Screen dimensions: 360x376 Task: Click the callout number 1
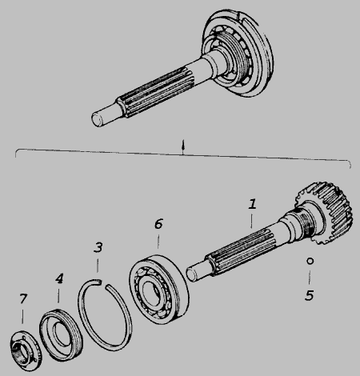coord(252,204)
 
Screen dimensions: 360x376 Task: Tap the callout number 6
coord(158,224)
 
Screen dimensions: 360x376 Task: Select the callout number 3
coord(98,247)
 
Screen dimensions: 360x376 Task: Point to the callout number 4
coord(59,278)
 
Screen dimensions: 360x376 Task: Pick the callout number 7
coord(23,298)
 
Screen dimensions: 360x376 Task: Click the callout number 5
coord(310,295)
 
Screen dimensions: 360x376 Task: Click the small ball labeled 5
coord(310,261)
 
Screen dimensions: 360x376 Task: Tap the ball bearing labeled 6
coord(159,290)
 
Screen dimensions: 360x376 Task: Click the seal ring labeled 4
coord(61,335)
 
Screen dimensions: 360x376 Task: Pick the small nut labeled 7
coord(26,350)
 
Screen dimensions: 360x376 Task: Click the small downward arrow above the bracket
coord(182,147)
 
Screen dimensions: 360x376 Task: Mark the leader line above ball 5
coord(310,278)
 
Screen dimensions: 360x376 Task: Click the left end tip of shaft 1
coord(190,274)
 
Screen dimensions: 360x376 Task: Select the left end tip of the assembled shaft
coord(95,119)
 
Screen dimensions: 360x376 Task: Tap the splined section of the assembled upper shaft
coord(158,93)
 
